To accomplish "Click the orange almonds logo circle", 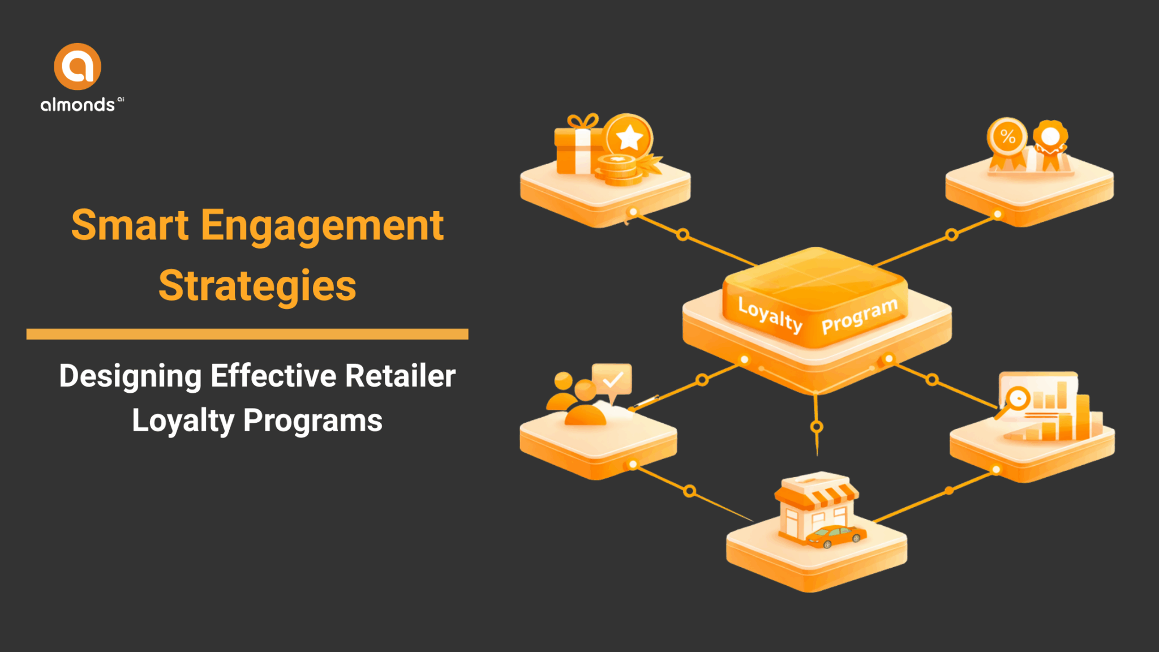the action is [78, 66].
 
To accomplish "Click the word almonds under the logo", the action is [78, 105].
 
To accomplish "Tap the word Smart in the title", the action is [130, 225].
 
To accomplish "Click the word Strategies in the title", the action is [257, 286].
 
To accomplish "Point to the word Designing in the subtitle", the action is [130, 377].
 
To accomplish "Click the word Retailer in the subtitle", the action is [400, 376].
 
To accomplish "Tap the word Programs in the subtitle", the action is [313, 421].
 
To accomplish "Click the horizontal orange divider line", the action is [247, 334].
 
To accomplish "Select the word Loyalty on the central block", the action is [770, 314].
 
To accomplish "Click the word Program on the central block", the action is [859, 316].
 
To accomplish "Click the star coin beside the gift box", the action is [628, 137].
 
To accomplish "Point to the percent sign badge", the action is [1007, 136].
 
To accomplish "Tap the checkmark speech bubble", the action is [612, 379].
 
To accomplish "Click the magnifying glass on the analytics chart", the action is [1016, 400].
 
